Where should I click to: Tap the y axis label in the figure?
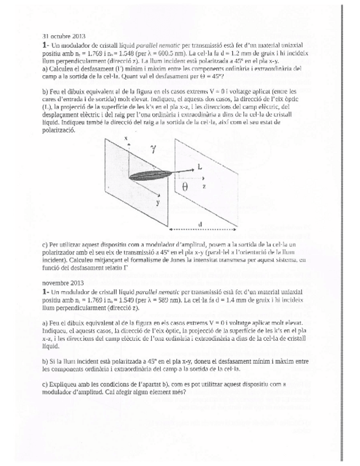(x=157, y=203)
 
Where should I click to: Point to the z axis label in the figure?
(x=204, y=186)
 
